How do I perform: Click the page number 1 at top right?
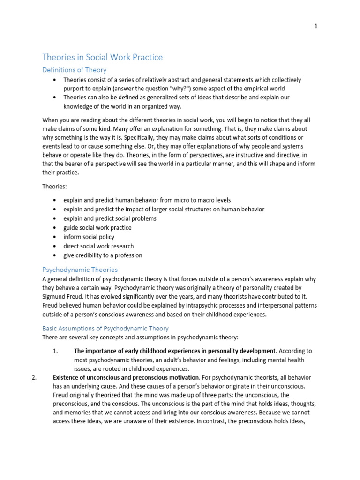pyautogui.click(x=315, y=26)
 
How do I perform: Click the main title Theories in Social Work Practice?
pyautogui.click(x=103, y=57)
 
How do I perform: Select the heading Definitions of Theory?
pyautogui.click(x=75, y=70)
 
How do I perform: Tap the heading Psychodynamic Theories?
pyautogui.click(x=80, y=270)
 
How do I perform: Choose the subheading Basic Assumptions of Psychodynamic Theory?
pyautogui.click(x=105, y=328)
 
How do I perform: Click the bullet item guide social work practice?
pyautogui.click(x=97, y=227)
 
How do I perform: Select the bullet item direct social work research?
pyautogui.click(x=98, y=246)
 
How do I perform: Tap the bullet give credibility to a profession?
pyautogui.click(x=103, y=255)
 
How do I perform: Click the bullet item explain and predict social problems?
pyautogui.click(x=110, y=218)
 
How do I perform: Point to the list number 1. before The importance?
pyautogui.click(x=55, y=351)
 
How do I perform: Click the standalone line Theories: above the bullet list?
pyautogui.click(x=55, y=186)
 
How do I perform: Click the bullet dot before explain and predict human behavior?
pyautogui.click(x=55, y=200)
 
